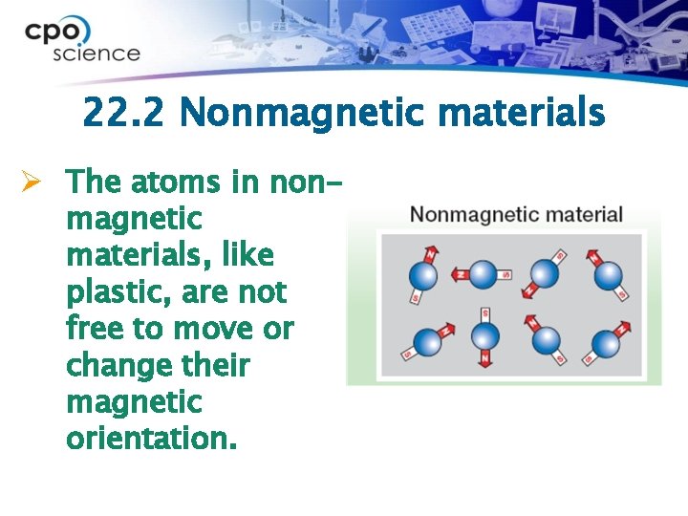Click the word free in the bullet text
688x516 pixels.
[95, 329]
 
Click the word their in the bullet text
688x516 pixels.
[220, 365]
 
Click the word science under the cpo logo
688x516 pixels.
[96, 54]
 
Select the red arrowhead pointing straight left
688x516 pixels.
[453, 275]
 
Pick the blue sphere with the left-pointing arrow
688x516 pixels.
[484, 275]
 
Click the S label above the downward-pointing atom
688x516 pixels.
[485, 313]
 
